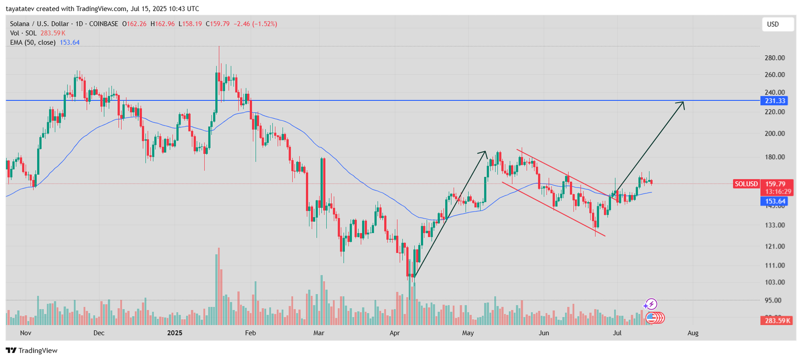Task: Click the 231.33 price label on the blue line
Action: [x=775, y=101]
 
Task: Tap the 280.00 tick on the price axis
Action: [x=774, y=58]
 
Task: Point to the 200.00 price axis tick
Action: [x=774, y=134]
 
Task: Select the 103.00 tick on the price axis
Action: [x=774, y=282]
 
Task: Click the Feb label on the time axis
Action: [x=251, y=333]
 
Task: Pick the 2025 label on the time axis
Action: [x=175, y=333]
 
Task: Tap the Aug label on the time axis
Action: [x=693, y=333]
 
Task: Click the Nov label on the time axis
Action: [x=26, y=333]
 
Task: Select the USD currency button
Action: [x=777, y=24]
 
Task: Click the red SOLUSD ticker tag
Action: [x=746, y=184]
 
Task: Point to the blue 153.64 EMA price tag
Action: [x=775, y=202]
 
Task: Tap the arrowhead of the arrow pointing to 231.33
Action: [x=682, y=103]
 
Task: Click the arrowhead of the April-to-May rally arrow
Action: [x=484, y=152]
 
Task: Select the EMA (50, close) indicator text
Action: [x=33, y=43]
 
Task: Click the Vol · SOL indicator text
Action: [x=24, y=33]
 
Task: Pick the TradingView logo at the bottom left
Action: [x=32, y=350]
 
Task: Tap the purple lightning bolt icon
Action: [x=651, y=304]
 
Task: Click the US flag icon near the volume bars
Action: [x=652, y=317]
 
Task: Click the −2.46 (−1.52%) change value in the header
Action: [x=255, y=24]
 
